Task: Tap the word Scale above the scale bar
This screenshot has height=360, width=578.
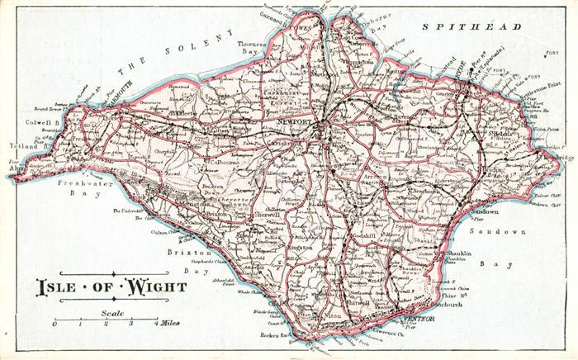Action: [x=113, y=313]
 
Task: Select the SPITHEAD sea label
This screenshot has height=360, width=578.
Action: [x=471, y=28]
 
